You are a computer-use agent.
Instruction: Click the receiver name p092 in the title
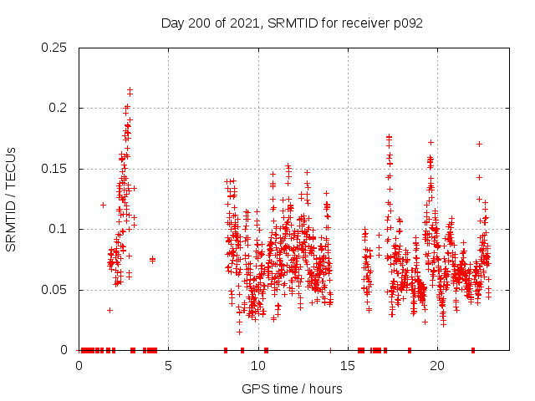coord(405,23)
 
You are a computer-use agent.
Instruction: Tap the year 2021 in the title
coord(245,23)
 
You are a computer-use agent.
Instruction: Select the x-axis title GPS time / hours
coord(292,388)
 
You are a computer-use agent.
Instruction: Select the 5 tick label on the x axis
coord(168,366)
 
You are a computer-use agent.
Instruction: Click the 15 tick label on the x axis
coord(348,366)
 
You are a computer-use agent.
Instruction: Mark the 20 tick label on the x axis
coord(437,366)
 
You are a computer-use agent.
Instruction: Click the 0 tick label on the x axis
coord(79,366)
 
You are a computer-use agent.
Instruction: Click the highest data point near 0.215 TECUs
coord(130,89)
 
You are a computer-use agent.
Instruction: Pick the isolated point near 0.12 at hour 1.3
coord(103,205)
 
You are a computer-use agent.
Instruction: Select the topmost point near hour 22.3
coord(479,144)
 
